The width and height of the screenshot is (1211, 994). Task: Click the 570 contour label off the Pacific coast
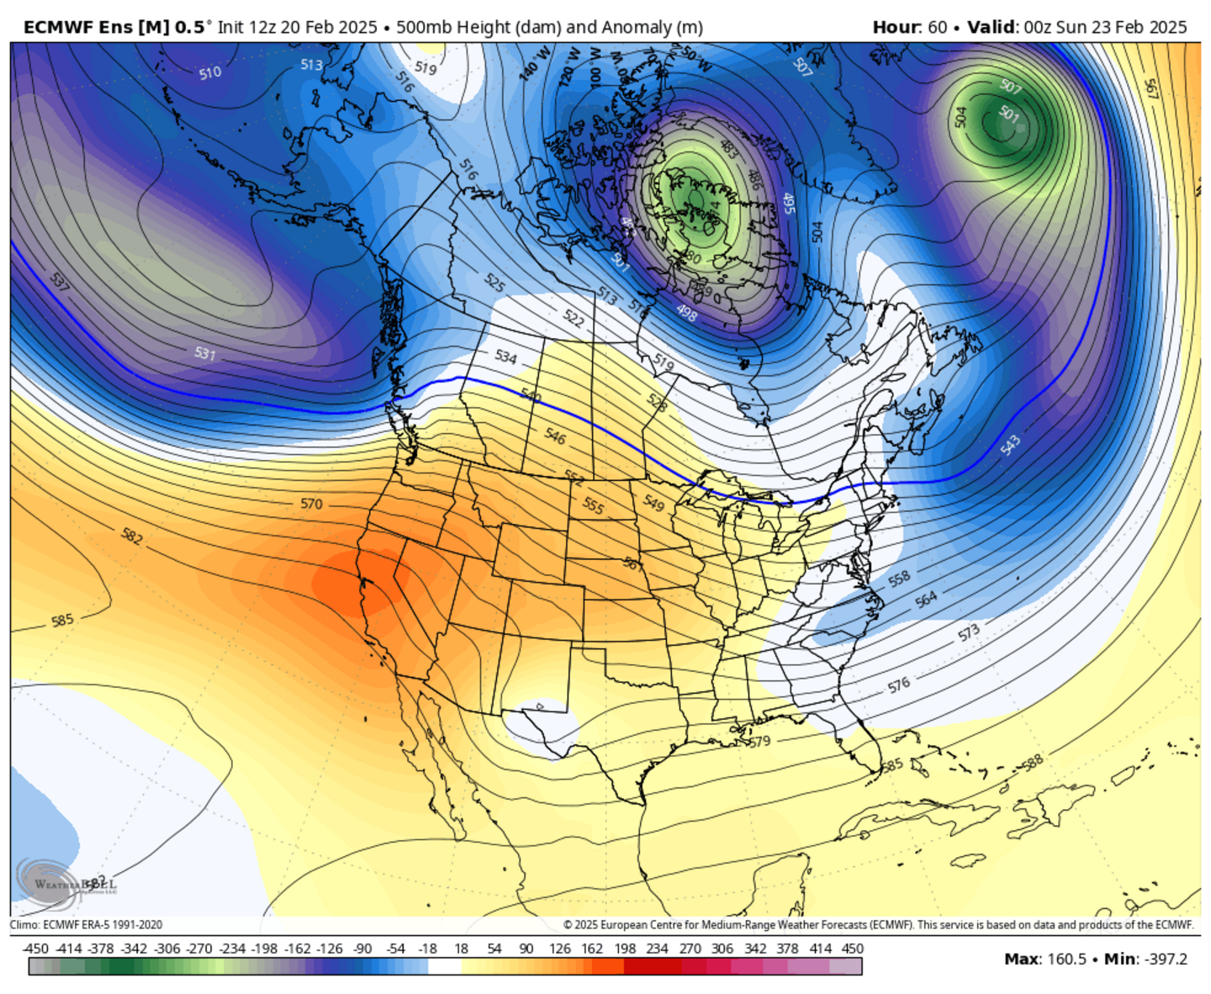point(311,504)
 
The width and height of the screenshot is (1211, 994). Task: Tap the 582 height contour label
point(132,537)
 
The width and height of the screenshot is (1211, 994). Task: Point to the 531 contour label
point(205,353)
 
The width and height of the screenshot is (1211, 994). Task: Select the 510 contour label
point(210,73)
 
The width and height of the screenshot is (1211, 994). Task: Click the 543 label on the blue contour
point(1011,445)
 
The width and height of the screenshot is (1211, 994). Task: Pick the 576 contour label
point(899,685)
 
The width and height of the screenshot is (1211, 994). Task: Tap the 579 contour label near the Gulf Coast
point(759,742)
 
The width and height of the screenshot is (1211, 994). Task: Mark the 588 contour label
point(1032,762)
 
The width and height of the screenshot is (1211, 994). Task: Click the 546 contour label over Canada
point(555,436)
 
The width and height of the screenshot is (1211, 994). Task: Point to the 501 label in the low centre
point(1008,114)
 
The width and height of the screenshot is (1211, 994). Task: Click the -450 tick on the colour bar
point(35,949)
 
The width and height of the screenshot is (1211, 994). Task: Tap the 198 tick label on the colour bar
point(625,949)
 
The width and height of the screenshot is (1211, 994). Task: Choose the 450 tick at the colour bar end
point(853,949)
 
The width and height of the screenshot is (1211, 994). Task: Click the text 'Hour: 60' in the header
point(909,27)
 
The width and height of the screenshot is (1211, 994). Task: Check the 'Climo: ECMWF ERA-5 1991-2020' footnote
point(86,925)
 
